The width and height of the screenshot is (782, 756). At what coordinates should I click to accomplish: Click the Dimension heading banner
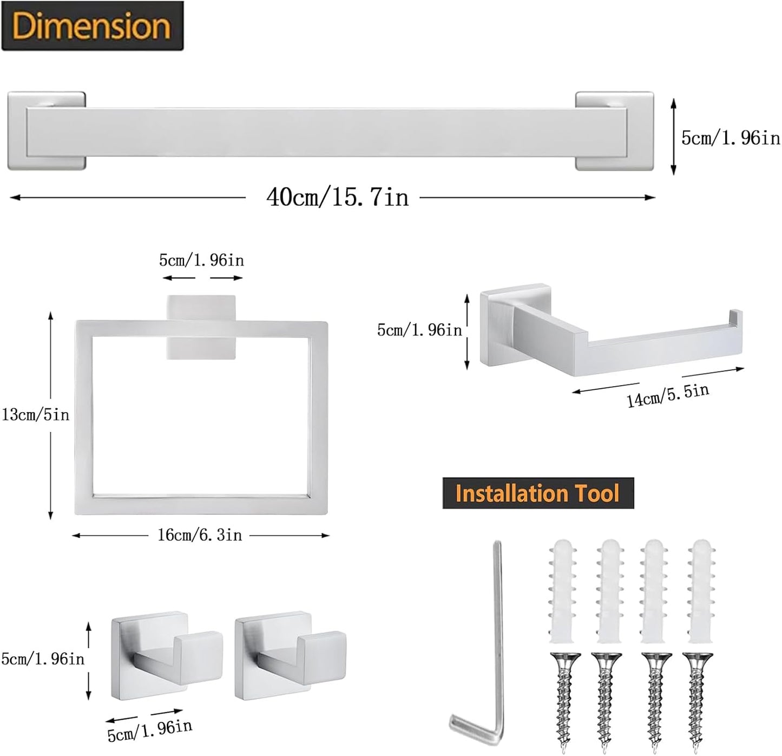coord(92,26)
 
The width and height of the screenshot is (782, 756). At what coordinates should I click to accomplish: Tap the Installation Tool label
coord(537,493)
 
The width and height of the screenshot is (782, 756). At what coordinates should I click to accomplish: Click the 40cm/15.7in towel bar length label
coord(337,197)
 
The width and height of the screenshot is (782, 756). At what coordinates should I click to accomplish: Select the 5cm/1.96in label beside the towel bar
coord(730,138)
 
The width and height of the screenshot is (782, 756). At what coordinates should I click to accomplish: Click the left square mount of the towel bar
coord(46,131)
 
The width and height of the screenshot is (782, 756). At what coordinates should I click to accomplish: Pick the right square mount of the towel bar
coord(615,131)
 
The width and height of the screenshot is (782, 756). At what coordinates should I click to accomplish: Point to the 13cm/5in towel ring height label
coord(36,415)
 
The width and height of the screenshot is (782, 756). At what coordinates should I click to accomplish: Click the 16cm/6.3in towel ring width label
coord(200,535)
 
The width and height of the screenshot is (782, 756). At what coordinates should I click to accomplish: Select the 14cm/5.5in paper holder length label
coord(668,395)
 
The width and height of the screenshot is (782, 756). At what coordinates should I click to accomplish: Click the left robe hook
coord(165,658)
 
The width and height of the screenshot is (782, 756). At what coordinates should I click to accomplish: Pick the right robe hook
coord(290,658)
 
